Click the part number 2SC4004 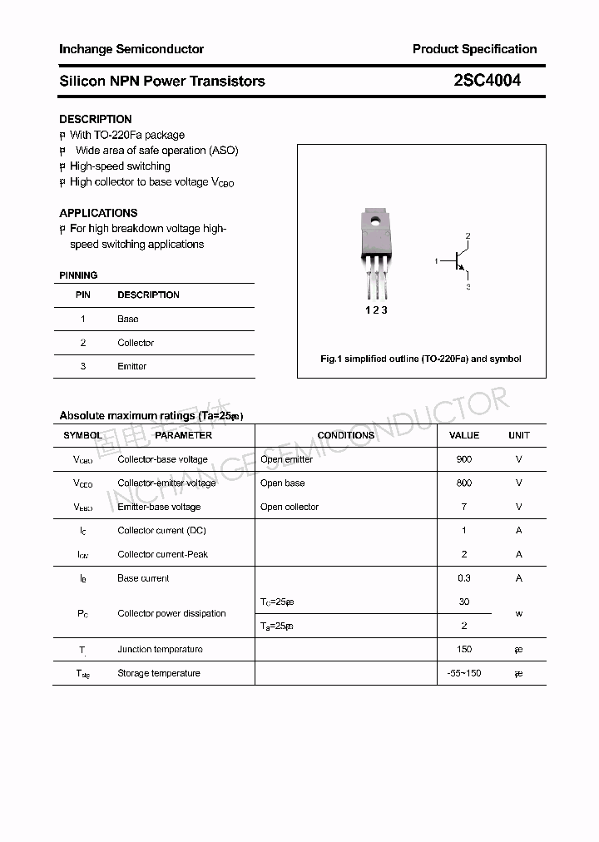[488, 81]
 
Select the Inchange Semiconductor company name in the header [131, 49]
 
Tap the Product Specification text [474, 49]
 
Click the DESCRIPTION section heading [96, 119]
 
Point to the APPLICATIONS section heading [98, 213]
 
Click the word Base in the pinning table [128, 319]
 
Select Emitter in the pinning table [131, 366]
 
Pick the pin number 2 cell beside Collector [83, 343]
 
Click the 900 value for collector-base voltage [464, 459]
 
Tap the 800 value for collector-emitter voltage [464, 483]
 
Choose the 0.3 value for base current [464, 578]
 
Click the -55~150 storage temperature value [464, 673]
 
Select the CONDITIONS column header [346, 435]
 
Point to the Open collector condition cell [290, 507]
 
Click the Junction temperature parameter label [160, 649]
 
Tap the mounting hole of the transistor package [376, 221]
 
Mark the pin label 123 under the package [376, 310]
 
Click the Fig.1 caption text [421, 359]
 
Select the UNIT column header [519, 435]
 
